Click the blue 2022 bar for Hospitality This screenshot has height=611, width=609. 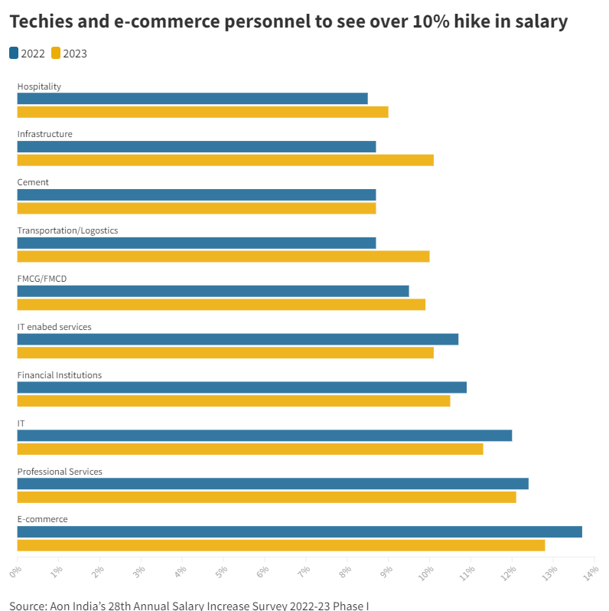(x=192, y=99)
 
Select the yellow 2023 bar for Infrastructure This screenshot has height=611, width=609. (x=225, y=160)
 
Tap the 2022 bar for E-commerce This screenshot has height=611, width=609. (x=299, y=532)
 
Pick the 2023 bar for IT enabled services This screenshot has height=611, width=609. (x=225, y=353)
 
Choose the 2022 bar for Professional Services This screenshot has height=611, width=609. (x=272, y=484)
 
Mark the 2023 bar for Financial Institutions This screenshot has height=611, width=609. (x=233, y=401)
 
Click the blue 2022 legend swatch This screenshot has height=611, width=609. (x=14, y=53)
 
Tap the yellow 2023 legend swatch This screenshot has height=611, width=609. (x=56, y=53)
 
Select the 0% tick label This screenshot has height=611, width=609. (x=15, y=571)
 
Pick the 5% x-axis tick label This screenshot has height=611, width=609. (x=221, y=571)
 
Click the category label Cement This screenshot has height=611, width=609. (x=33, y=182)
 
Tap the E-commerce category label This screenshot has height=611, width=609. (x=42, y=519)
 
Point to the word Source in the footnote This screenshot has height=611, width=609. (x=28, y=606)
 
